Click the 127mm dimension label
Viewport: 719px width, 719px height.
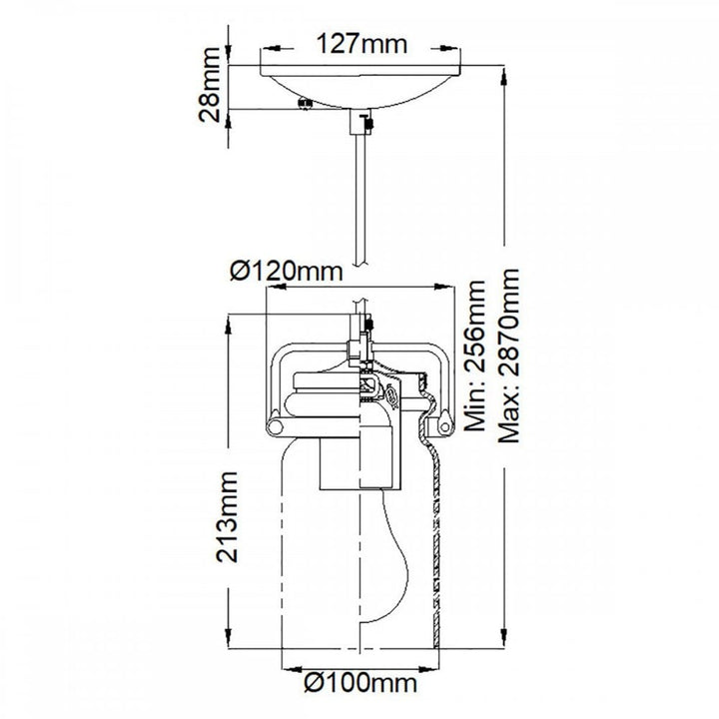[x=361, y=45]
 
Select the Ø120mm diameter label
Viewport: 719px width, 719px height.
[x=287, y=272]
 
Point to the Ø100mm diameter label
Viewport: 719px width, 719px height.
[x=360, y=683]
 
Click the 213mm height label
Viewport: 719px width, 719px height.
[x=228, y=517]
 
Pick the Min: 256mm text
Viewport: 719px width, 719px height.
[x=474, y=356]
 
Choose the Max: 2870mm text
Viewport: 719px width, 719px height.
[x=509, y=356]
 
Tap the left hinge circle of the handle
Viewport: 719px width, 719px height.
[x=276, y=427]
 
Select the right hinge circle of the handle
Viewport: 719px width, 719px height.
[x=444, y=427]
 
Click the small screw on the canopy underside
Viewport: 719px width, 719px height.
[x=305, y=105]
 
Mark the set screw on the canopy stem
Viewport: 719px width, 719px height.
[x=367, y=123]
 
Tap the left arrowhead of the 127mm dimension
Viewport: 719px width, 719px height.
[x=270, y=48]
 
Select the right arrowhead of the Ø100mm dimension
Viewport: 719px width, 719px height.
[x=429, y=669]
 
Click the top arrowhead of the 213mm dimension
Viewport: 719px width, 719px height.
[x=228, y=324]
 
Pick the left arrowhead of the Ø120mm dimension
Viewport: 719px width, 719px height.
[x=276, y=288]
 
